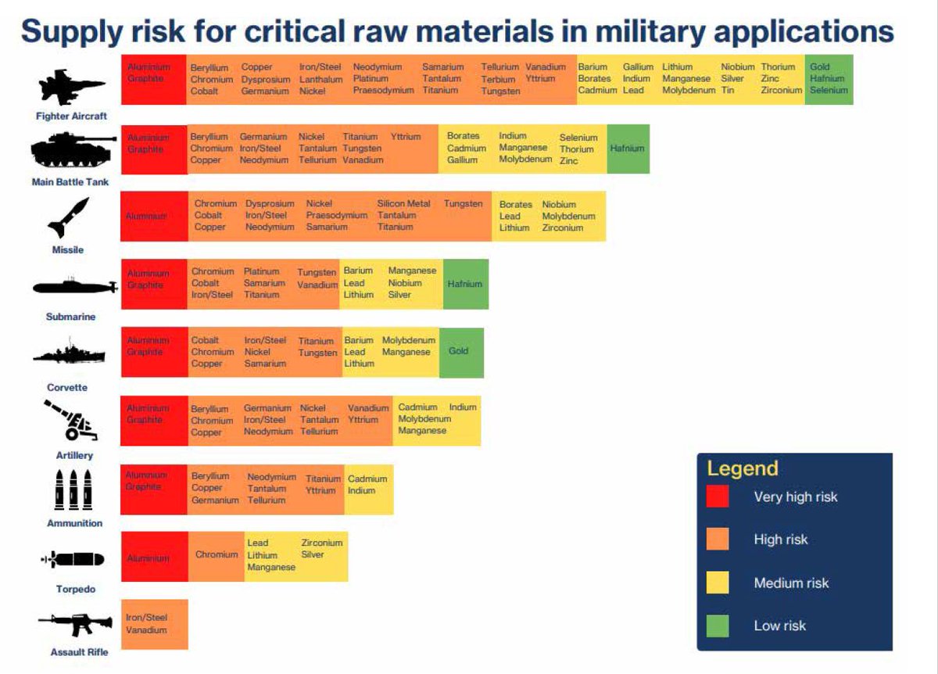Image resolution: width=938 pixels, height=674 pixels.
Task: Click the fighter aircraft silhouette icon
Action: (72, 87)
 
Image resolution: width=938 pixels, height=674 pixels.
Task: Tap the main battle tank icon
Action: (73, 150)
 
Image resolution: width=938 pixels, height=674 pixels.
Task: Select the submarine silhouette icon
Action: (74, 287)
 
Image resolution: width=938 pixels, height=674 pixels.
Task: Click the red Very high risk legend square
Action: (718, 497)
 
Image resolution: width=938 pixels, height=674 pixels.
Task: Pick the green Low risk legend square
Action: (718, 626)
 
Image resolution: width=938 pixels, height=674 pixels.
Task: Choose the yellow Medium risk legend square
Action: (718, 583)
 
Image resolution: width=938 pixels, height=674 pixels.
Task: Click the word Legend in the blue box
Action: (743, 468)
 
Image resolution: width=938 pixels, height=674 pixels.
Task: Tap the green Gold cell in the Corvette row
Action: (460, 351)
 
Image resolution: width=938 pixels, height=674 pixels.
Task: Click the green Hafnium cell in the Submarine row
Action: (465, 284)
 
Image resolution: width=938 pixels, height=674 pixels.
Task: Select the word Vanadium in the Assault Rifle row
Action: (146, 629)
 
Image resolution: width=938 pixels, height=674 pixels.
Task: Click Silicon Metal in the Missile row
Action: (403, 203)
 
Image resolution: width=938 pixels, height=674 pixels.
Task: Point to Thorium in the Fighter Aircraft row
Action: (778, 67)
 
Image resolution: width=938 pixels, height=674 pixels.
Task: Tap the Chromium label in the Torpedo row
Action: (217, 554)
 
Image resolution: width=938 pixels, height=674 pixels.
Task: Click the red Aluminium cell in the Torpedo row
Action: (149, 558)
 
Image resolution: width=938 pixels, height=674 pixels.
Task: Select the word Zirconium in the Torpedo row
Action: (322, 543)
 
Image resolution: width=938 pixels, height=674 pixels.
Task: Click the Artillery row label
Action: (74, 455)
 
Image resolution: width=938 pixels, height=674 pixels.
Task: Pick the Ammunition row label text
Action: (74, 523)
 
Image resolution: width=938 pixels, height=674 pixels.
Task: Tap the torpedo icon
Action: (73, 560)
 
